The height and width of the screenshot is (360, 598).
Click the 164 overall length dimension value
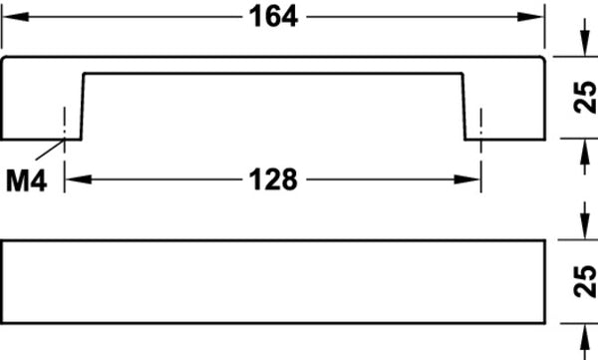pyautogui.click(x=273, y=17)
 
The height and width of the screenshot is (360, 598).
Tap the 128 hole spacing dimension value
pyautogui.click(x=273, y=180)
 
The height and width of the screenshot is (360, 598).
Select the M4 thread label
pyautogui.click(x=26, y=180)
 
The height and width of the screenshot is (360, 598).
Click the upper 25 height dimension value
pyautogui.click(x=585, y=97)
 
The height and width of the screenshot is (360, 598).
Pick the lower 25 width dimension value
pyautogui.click(x=585, y=282)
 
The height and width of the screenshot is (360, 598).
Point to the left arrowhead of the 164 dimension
pyautogui.click(x=15, y=17)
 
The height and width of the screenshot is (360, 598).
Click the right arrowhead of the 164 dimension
pyautogui.click(x=530, y=17)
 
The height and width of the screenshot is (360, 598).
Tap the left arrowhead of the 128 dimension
pyautogui.click(x=79, y=180)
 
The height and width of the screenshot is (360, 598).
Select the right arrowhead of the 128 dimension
pyautogui.click(x=466, y=180)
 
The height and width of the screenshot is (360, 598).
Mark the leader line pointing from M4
pyautogui.click(x=50, y=150)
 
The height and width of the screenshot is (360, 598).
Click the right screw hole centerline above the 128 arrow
pyautogui.click(x=481, y=150)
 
